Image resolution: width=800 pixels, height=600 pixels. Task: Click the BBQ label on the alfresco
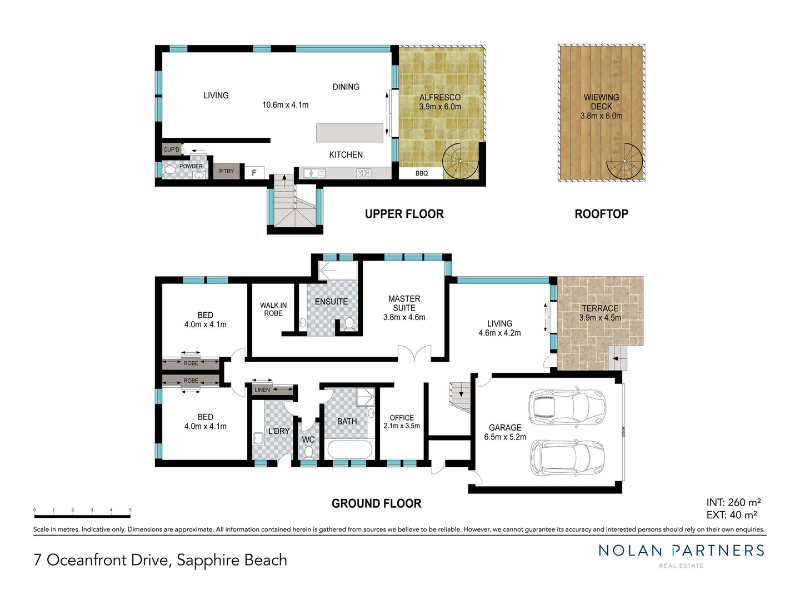pos(422,173)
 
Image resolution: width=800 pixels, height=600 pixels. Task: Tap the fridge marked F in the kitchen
pos(254,173)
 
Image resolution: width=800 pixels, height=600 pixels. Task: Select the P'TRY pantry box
pos(227,171)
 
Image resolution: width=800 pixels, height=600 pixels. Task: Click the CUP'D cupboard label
pos(171,149)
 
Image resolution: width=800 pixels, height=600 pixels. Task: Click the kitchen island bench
pos(349,133)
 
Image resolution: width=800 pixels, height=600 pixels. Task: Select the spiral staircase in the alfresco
pos(461,161)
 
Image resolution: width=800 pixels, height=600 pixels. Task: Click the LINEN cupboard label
pos(262,390)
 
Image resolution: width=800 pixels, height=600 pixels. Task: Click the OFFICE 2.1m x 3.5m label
pos(402,422)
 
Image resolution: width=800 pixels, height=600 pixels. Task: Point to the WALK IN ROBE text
pos(273,309)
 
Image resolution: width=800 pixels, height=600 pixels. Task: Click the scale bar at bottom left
pos(82,516)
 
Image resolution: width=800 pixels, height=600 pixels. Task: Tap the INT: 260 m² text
pos(733,502)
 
